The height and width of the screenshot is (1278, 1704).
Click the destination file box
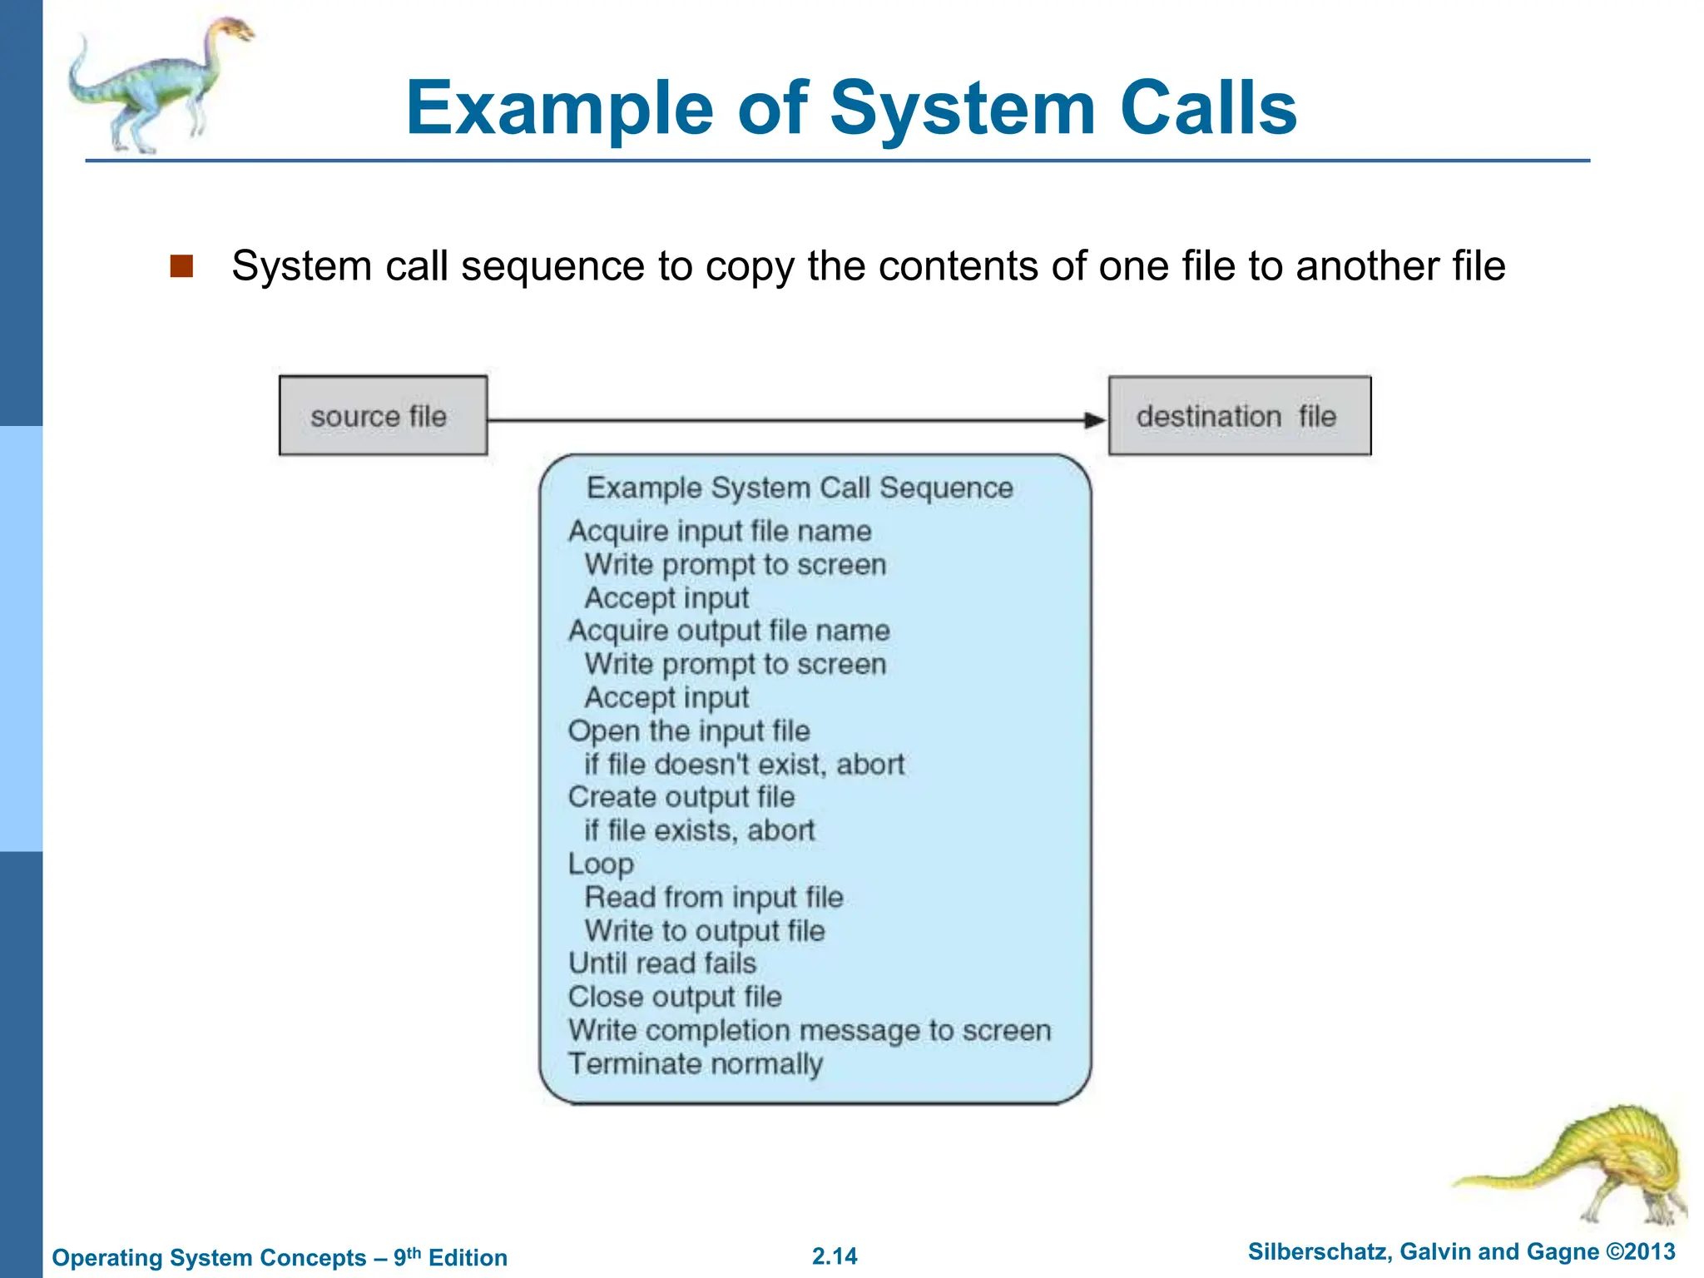[x=1239, y=415]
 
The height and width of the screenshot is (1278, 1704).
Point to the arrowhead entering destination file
[x=1095, y=420]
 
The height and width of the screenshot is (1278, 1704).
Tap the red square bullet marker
[x=181, y=266]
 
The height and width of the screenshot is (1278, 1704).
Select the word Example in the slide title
[x=559, y=108]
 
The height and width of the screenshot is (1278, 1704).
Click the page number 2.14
[x=835, y=1256]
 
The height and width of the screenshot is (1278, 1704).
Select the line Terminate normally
[x=696, y=1063]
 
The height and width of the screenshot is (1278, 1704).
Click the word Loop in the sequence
[x=601, y=864]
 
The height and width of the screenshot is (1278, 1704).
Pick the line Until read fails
[x=662, y=963]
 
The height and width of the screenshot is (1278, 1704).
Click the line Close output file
[x=675, y=997]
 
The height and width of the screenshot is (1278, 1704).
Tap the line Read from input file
[x=714, y=897]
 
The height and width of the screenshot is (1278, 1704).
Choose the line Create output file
[x=681, y=797]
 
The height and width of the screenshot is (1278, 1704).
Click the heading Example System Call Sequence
[x=800, y=488]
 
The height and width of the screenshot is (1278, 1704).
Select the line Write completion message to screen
[x=810, y=1030]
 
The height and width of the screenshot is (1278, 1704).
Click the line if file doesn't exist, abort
[x=744, y=764]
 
